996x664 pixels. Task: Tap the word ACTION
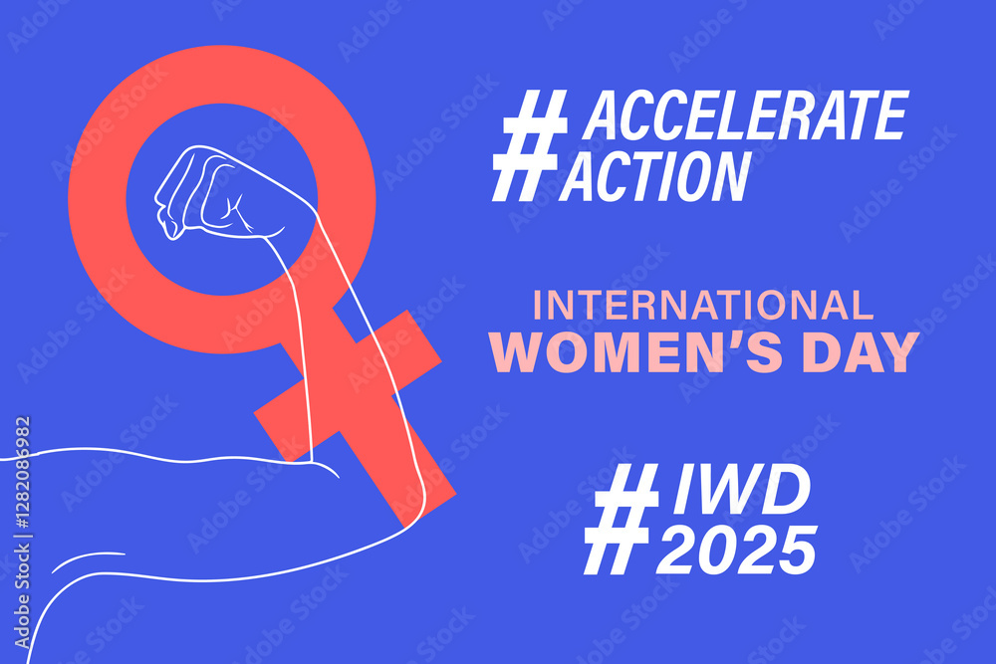654,175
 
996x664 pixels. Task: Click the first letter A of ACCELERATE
604,115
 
